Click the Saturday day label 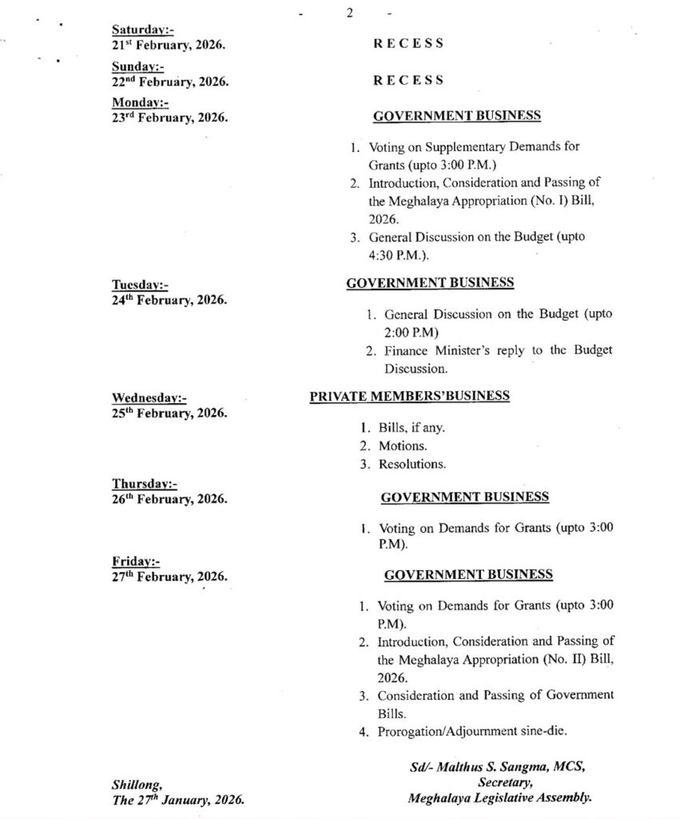click(x=143, y=30)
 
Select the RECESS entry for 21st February click(x=408, y=44)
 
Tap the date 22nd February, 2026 click(x=169, y=82)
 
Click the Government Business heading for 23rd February click(x=457, y=116)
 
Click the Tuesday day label click(x=141, y=286)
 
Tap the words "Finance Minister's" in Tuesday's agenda click(x=431, y=351)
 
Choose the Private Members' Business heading click(x=409, y=397)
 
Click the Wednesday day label click(x=149, y=398)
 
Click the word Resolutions click(x=413, y=464)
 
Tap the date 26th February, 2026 click(x=169, y=499)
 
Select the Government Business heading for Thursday click(x=464, y=497)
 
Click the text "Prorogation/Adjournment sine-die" click(x=472, y=731)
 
